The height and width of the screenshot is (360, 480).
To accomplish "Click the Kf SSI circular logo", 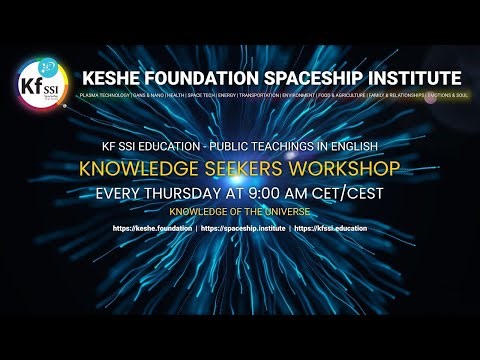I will pyautogui.click(x=39, y=85).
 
